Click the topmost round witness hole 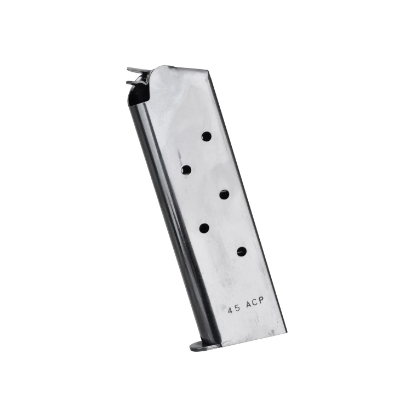pyautogui.click(x=207, y=136)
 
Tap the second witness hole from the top pyautogui.click(x=186, y=170)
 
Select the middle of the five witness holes pyautogui.click(x=224, y=195)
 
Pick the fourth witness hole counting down pyautogui.click(x=204, y=228)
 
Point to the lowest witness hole pyautogui.click(x=242, y=252)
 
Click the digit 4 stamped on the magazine pyautogui.click(x=230, y=310)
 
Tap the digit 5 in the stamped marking pyautogui.click(x=237, y=308)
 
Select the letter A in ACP pyautogui.click(x=248, y=305)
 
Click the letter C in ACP pyautogui.click(x=255, y=302)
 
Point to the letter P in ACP pyautogui.click(x=261, y=301)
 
